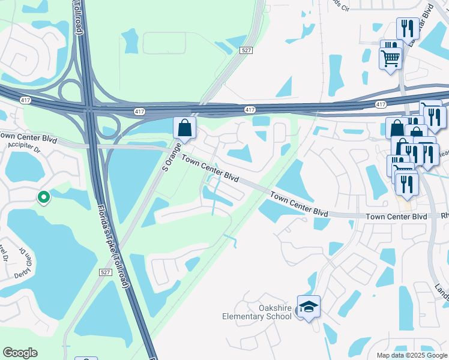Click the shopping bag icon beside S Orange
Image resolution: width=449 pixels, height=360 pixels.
tap(185, 128)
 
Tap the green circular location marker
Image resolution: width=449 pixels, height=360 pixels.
tap(43, 197)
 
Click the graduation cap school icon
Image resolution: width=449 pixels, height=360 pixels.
tap(309, 307)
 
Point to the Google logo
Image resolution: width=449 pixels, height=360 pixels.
tap(20, 353)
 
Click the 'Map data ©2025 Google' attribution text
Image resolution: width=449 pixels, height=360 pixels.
tap(411, 355)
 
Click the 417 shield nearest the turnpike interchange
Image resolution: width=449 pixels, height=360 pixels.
tap(139, 112)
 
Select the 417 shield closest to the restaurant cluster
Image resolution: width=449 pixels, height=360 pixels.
tap(381, 104)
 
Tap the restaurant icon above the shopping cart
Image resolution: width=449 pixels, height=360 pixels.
tap(407, 28)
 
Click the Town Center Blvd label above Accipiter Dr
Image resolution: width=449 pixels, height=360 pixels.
tap(28, 139)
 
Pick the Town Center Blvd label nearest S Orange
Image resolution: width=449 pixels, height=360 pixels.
tap(210, 170)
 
